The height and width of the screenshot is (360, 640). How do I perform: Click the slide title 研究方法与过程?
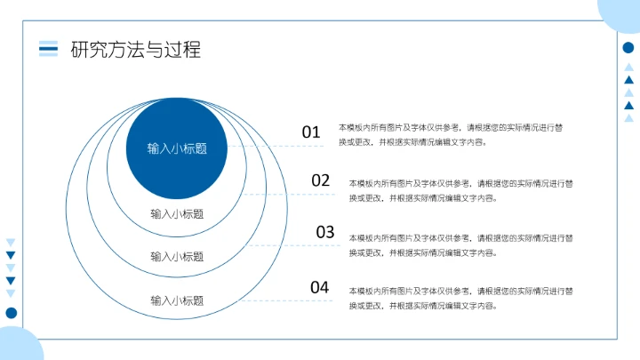click(x=136, y=50)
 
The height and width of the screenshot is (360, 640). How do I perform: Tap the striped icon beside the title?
click(x=48, y=49)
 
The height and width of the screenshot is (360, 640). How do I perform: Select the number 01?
click(x=310, y=132)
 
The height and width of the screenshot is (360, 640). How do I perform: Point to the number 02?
click(x=321, y=180)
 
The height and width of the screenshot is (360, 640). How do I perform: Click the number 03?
click(x=325, y=233)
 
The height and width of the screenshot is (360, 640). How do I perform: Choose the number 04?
click(x=320, y=287)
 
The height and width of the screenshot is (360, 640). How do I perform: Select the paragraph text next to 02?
click(x=461, y=191)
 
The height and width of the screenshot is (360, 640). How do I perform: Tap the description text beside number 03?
click(x=461, y=245)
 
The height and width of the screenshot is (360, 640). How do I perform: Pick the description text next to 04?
click(x=461, y=299)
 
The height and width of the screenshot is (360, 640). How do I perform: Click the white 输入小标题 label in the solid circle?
click(x=177, y=148)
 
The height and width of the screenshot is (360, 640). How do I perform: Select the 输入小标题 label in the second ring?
click(x=177, y=214)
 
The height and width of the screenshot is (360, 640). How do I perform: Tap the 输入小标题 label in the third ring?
click(x=177, y=257)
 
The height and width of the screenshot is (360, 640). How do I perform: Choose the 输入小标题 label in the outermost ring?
click(x=177, y=300)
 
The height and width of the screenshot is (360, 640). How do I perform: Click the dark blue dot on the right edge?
click(x=628, y=48)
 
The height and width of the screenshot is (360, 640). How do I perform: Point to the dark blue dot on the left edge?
click(x=12, y=313)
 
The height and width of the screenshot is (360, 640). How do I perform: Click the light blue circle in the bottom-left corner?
click(x=18, y=347)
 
